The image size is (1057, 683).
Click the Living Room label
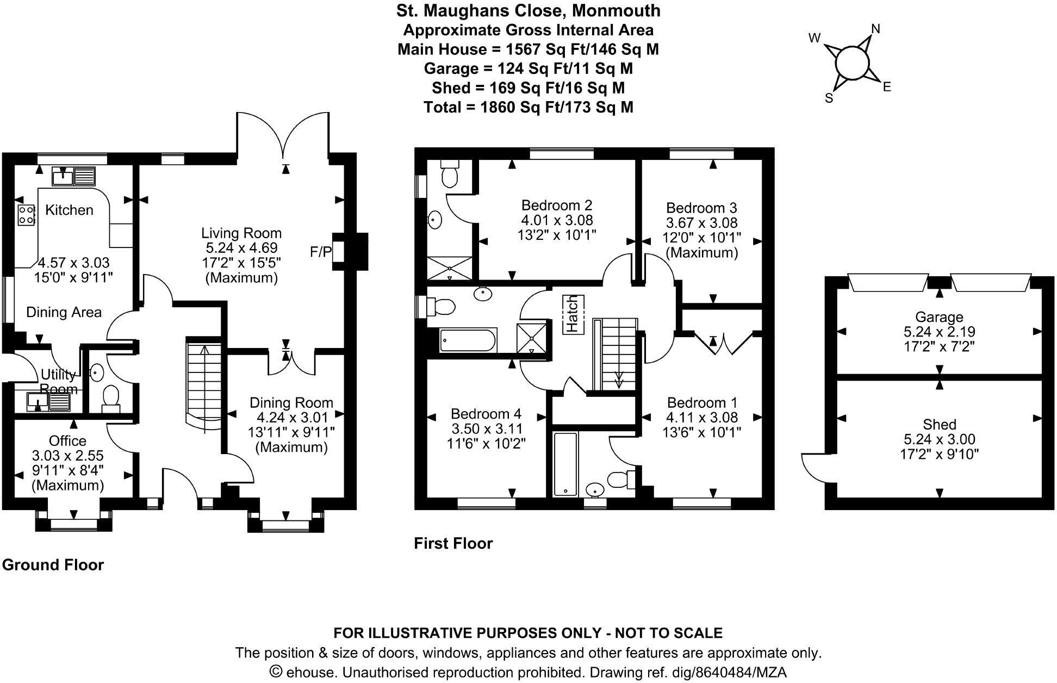tap(241, 233)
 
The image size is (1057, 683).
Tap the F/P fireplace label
tap(320, 252)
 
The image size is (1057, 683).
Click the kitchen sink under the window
tap(64, 176)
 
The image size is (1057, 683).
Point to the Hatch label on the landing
tap(573, 314)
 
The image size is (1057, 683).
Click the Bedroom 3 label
tap(701, 208)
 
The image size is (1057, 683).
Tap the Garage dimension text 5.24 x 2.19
tap(939, 332)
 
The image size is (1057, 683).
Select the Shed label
tap(939, 424)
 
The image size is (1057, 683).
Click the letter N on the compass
tap(875, 28)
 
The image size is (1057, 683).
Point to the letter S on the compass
tap(829, 98)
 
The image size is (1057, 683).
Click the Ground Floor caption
tap(53, 565)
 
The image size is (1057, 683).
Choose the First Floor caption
tap(453, 543)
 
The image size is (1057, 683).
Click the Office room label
tap(67, 440)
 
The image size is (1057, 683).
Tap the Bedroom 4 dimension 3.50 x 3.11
tap(487, 429)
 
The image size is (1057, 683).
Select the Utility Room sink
tap(39, 402)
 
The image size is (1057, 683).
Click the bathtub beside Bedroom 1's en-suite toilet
tap(565, 464)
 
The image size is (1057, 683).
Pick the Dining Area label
tap(64, 312)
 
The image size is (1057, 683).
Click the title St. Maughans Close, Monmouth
tap(528, 10)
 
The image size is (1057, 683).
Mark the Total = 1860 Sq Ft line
tap(528, 107)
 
